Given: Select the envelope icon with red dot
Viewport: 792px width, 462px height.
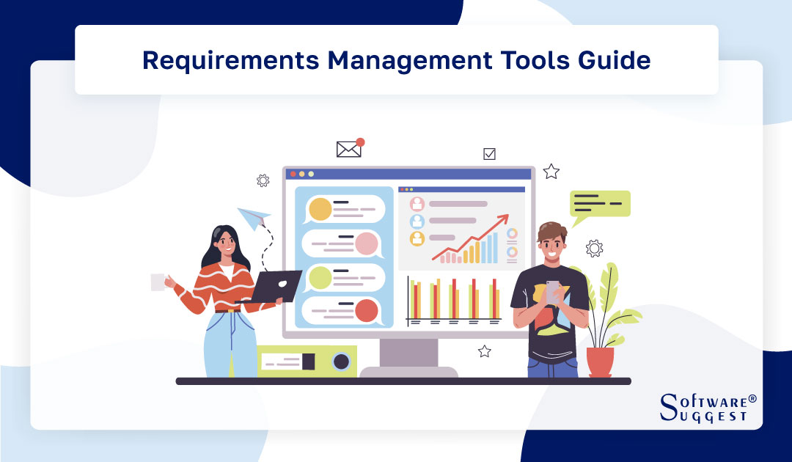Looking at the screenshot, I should pos(349,149).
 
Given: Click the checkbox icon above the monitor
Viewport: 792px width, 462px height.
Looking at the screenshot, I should pos(489,154).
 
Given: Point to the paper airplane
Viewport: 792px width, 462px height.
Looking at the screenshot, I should pos(253,218).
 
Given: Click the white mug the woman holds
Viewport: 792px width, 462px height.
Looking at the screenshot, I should pos(158,282).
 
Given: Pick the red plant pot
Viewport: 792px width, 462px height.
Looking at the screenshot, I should pos(600,362).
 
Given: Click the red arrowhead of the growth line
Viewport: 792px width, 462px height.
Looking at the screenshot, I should pos(503,220).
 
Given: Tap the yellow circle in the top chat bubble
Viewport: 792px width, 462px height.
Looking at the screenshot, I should pos(320,210).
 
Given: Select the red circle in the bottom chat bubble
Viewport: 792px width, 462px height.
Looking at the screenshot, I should pos(366,311).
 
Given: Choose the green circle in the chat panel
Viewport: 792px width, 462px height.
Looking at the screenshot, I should pos(320,278).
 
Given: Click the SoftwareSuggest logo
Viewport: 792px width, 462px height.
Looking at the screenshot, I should pos(707,408).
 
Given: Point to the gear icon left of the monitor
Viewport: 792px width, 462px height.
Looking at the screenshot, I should pos(263,180).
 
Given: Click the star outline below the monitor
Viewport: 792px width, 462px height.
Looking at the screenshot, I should pos(484,351).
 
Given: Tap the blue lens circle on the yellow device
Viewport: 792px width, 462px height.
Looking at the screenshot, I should pos(340,362).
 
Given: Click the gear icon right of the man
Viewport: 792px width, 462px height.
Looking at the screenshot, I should pos(595,249).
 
